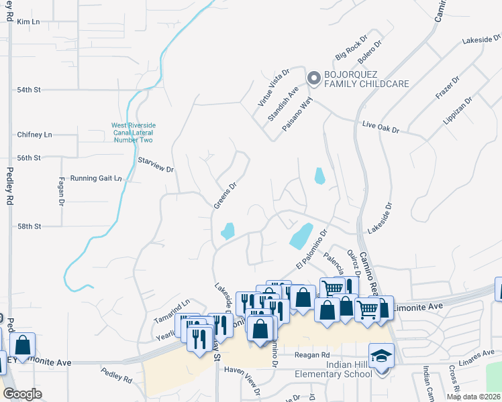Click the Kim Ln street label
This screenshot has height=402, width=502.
[29, 22]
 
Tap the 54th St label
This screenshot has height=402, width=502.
[29, 89]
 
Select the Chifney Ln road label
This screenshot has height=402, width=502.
[34, 135]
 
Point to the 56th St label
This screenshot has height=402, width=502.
[29, 157]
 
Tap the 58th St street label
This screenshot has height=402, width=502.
[29, 226]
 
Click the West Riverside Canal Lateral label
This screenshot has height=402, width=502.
[132, 132]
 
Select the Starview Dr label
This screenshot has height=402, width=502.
[156, 165]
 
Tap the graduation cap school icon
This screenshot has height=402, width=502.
[381, 355]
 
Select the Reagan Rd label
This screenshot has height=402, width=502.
[313, 354]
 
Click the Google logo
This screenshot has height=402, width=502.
[23, 394]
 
